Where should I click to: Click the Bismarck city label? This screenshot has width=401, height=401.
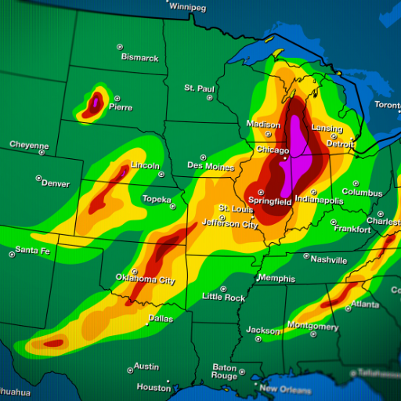tap(139, 57)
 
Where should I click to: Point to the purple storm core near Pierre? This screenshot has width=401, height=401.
tap(96, 101)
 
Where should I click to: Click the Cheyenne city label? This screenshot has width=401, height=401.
tap(29, 145)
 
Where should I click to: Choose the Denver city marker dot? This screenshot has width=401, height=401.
tap(38, 179)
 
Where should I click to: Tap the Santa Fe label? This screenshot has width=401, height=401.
tap(33, 251)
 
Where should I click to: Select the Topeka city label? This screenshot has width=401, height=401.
tap(156, 200)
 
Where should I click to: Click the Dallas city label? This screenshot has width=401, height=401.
tap(161, 318)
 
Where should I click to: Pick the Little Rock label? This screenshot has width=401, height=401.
tap(223, 297)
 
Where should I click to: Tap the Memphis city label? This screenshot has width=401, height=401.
tap(276, 279)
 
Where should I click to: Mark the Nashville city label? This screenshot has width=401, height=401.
tap(328, 258)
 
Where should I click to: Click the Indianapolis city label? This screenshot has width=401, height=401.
tap(318, 200)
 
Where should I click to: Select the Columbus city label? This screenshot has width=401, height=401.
tap(362, 192)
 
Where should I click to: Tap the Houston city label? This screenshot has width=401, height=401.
tap(154, 387)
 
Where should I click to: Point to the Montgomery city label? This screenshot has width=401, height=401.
tap(312, 326)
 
